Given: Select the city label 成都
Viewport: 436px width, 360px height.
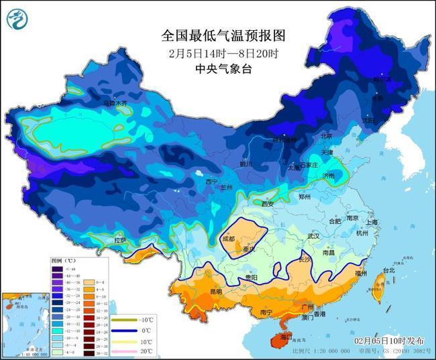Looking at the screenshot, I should pos(228,239).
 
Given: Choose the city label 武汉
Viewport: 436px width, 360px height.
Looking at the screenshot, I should pos(313,236).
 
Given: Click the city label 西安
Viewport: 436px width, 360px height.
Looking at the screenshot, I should pos(268,204).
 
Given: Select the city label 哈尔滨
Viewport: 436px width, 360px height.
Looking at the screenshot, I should pos(381,79).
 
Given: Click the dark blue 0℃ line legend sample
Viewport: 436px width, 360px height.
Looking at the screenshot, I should pos(124,331).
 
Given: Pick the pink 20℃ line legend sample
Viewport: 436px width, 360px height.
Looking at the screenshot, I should pos(124,351).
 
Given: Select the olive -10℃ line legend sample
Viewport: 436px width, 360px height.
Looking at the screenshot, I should pos(124,320).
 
